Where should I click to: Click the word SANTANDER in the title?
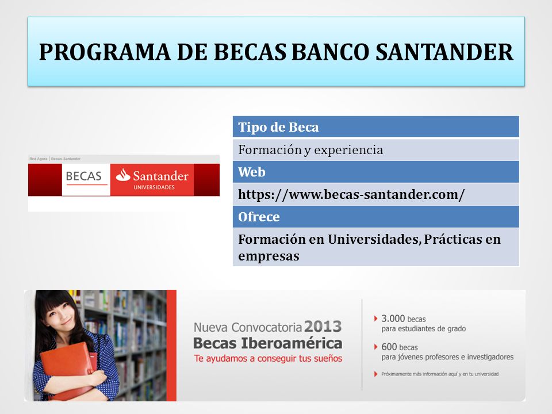click(x=444, y=52)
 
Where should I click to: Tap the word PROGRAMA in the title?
click(x=105, y=52)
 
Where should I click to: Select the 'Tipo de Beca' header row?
click(x=375, y=126)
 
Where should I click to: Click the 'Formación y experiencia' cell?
click(x=375, y=150)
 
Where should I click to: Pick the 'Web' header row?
click(x=375, y=172)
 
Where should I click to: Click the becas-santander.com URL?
click(x=351, y=194)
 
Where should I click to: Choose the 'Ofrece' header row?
click(x=375, y=217)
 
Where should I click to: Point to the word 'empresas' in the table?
click(x=269, y=256)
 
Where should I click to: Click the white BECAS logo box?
click(x=86, y=179)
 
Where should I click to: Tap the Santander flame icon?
click(x=123, y=175)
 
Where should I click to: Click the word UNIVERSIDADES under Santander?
click(x=154, y=187)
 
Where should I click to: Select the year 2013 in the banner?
click(x=323, y=327)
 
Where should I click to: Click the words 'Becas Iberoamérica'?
click(x=267, y=343)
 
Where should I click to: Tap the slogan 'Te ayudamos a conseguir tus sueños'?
click(x=268, y=358)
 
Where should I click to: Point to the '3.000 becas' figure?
click(x=404, y=319)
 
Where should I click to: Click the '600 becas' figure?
click(x=400, y=347)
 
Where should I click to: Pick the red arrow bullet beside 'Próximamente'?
click(x=375, y=374)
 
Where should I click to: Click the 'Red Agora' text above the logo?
click(x=39, y=159)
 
